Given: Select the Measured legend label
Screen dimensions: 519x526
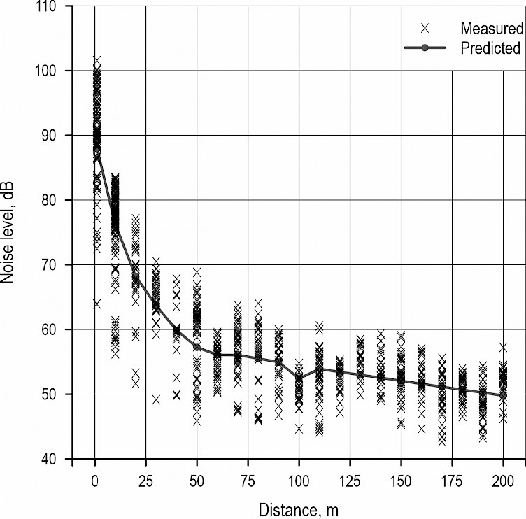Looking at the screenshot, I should click(492, 29).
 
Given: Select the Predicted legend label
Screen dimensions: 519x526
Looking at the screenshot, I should click(491, 48).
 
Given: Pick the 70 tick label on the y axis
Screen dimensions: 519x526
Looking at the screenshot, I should click(56, 265).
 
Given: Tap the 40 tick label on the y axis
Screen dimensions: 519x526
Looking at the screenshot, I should click(56, 459).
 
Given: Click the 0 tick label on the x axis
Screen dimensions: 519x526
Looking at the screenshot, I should click(95, 482).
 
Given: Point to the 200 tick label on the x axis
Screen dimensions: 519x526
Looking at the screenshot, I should click(504, 482).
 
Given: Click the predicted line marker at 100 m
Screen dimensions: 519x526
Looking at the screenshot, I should click(299, 378).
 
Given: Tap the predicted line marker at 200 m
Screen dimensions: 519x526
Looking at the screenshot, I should click(504, 395).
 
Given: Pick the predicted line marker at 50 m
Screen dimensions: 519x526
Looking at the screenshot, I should click(197, 348).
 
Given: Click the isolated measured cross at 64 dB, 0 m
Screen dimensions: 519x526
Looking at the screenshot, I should click(97, 304).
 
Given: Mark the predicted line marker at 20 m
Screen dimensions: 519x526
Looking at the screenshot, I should click(136, 278).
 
